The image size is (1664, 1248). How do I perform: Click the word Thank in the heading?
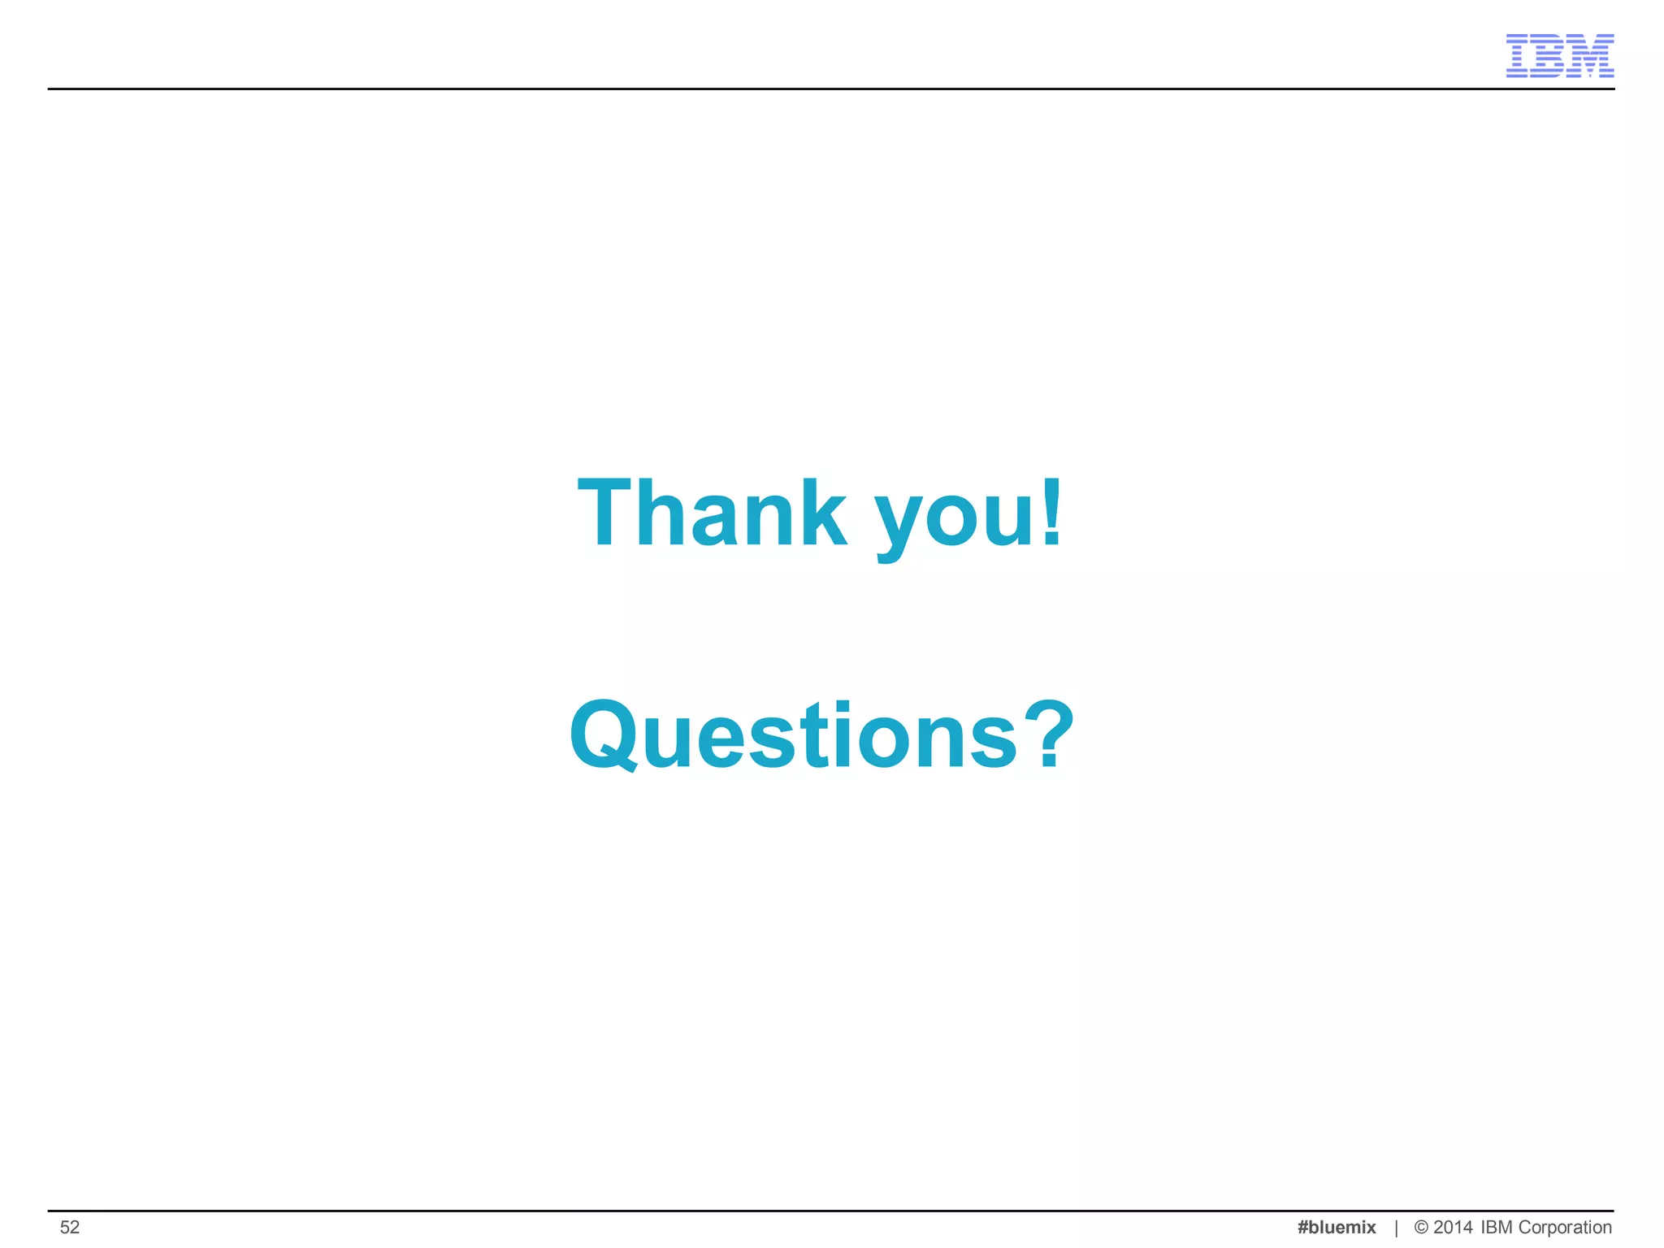(x=712, y=513)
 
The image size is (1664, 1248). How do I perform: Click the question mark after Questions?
(x=1049, y=734)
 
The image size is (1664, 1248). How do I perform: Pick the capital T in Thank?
(x=604, y=513)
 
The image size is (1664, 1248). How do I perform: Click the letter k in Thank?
(x=820, y=513)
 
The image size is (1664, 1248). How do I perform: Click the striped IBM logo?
(x=1559, y=56)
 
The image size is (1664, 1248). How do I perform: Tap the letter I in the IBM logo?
(x=1519, y=56)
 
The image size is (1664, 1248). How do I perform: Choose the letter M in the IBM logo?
(x=1588, y=56)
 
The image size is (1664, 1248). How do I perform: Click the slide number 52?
(x=70, y=1227)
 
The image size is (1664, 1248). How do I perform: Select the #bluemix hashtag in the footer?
(x=1337, y=1227)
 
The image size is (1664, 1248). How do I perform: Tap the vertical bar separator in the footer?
(x=1396, y=1228)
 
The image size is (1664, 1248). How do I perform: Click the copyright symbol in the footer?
(x=1421, y=1227)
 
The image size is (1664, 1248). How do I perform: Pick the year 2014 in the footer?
(x=1453, y=1227)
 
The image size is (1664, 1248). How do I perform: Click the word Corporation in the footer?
(x=1565, y=1227)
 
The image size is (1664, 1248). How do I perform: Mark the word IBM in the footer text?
(x=1497, y=1227)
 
